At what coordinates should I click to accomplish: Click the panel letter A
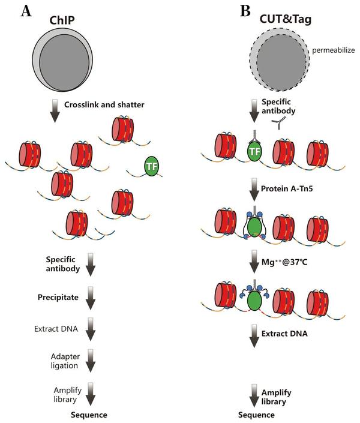pos(26,11)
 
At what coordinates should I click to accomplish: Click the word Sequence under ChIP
pos(89,415)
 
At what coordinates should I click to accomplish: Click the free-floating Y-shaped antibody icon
pos(280,124)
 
